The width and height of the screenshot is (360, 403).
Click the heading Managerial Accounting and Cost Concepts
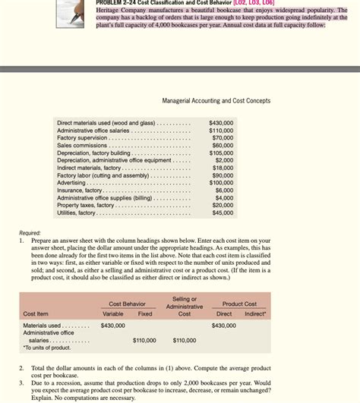(x=216, y=101)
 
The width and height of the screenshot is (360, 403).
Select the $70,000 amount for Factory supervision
(x=223, y=137)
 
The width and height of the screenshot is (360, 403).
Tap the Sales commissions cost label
(x=82, y=145)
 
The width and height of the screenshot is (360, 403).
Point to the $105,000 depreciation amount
(x=221, y=153)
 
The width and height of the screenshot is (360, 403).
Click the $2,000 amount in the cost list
(x=224, y=160)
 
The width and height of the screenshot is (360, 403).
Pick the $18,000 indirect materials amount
(x=223, y=168)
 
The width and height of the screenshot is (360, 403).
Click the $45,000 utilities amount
(x=223, y=213)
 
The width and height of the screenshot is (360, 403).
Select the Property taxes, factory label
(x=85, y=205)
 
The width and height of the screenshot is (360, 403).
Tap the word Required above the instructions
(x=30, y=232)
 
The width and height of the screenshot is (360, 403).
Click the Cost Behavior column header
(x=127, y=304)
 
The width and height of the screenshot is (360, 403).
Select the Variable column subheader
(x=113, y=313)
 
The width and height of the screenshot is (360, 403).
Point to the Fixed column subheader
(x=144, y=313)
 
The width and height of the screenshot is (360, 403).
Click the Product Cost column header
(x=239, y=304)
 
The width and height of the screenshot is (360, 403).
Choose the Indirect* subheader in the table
(x=256, y=313)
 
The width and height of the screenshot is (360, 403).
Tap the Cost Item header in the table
(x=36, y=313)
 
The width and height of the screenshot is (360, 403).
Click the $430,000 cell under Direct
(x=224, y=326)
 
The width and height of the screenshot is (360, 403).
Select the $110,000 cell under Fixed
(x=144, y=340)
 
